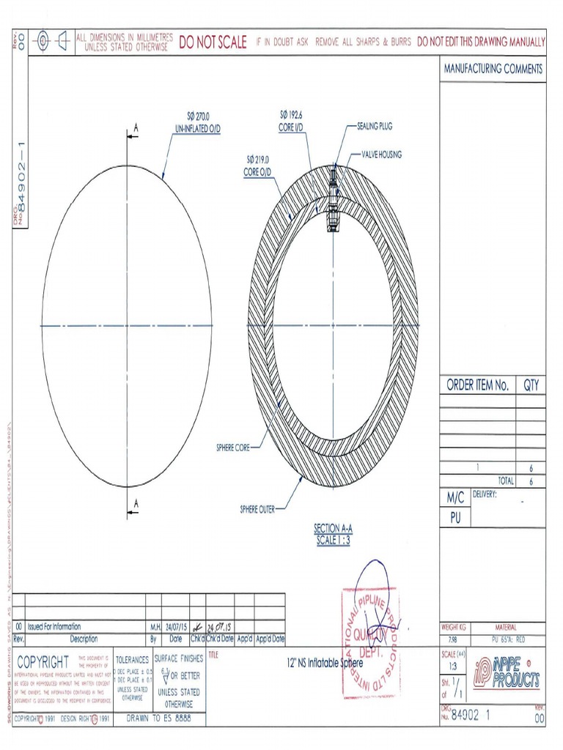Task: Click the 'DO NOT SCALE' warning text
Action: tap(213, 42)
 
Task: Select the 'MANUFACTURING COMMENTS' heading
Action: tap(493, 69)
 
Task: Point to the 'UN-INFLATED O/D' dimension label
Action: tap(197, 128)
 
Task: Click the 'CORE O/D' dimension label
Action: tap(257, 172)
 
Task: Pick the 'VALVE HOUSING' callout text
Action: tap(381, 155)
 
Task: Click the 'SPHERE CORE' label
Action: tap(232, 448)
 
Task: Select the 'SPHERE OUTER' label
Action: tap(257, 508)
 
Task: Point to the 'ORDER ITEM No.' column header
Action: tap(477, 386)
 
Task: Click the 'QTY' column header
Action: tap(531, 386)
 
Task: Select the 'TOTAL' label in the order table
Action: tap(505, 481)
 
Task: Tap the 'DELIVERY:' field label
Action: tap(485, 494)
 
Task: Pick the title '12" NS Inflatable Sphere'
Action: tap(325, 662)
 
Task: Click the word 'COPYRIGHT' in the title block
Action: tap(43, 661)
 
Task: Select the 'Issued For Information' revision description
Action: tap(54, 627)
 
